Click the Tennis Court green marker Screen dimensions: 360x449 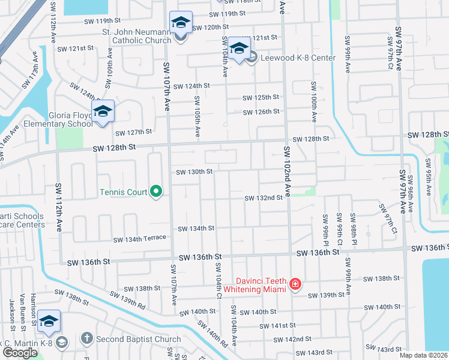(156, 192)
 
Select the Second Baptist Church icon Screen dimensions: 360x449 (86, 339)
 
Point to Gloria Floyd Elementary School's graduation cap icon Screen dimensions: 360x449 (103, 111)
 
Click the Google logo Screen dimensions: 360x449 (20, 352)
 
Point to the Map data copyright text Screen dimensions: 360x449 (423, 355)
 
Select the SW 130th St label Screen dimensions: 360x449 (194, 172)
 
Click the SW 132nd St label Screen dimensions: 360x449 (263, 197)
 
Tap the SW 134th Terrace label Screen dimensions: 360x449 (140, 238)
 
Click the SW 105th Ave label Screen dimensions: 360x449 (197, 120)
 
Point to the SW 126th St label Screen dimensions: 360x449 (261, 112)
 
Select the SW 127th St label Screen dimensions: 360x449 (133, 133)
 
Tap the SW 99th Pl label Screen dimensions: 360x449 (325, 229)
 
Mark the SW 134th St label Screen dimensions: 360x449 (196, 228)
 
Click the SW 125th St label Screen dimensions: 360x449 (261, 97)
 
